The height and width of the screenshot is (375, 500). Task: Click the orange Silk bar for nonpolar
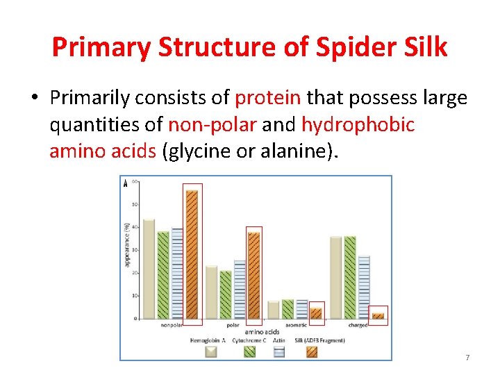click(192, 254)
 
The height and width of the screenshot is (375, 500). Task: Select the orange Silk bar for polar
click(254, 276)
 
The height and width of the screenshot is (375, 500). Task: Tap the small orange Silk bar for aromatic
click(316, 314)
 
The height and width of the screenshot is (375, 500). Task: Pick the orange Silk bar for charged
click(378, 316)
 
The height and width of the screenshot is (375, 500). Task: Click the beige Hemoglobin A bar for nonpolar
click(149, 269)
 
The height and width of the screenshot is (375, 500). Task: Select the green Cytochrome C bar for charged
click(350, 278)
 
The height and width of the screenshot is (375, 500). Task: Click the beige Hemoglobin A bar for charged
click(336, 278)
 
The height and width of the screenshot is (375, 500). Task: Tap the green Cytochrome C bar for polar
click(226, 294)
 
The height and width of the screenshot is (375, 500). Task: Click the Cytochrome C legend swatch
click(249, 352)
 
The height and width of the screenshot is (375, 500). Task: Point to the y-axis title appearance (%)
click(126, 244)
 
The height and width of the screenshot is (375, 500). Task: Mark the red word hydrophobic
click(358, 124)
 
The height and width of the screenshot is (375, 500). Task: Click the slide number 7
click(467, 357)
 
